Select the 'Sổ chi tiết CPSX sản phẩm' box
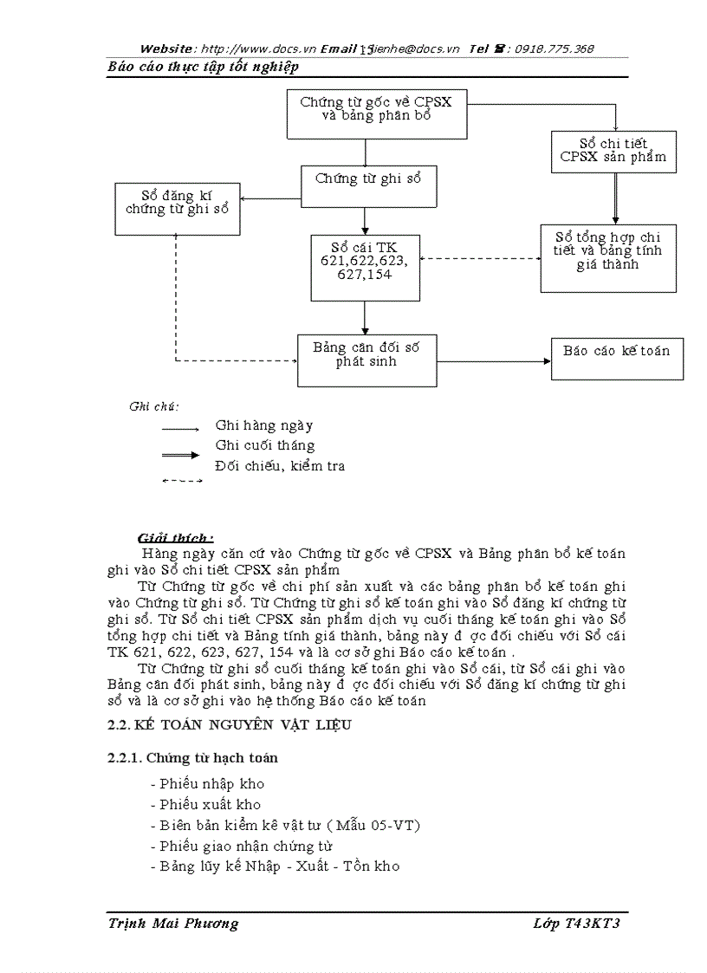pyautogui.click(x=613, y=151)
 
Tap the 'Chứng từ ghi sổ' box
pyautogui.click(x=368, y=185)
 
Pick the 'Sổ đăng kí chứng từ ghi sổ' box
pyautogui.click(x=178, y=209)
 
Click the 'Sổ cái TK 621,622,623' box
pyautogui.click(x=365, y=268)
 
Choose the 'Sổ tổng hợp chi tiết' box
pyautogui.click(x=608, y=257)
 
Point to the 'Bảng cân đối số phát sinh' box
pyautogui.click(x=366, y=360)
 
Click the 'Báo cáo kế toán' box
pyautogui.click(x=617, y=358)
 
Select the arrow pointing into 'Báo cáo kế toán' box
pyautogui.click(x=494, y=360)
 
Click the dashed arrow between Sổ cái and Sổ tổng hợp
pyautogui.click(x=480, y=258)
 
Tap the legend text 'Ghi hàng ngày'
pyautogui.click(x=264, y=426)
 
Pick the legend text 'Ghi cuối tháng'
pyautogui.click(x=265, y=445)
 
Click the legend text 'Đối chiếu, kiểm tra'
pyautogui.click(x=280, y=466)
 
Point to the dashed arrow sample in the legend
pyautogui.click(x=182, y=481)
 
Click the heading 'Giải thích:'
pyautogui.click(x=176, y=538)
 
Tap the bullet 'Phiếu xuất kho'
pyautogui.click(x=204, y=805)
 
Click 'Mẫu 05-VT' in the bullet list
pyautogui.click(x=381, y=826)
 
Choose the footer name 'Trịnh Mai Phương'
pyautogui.click(x=173, y=924)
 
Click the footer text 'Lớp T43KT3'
pyautogui.click(x=577, y=924)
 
